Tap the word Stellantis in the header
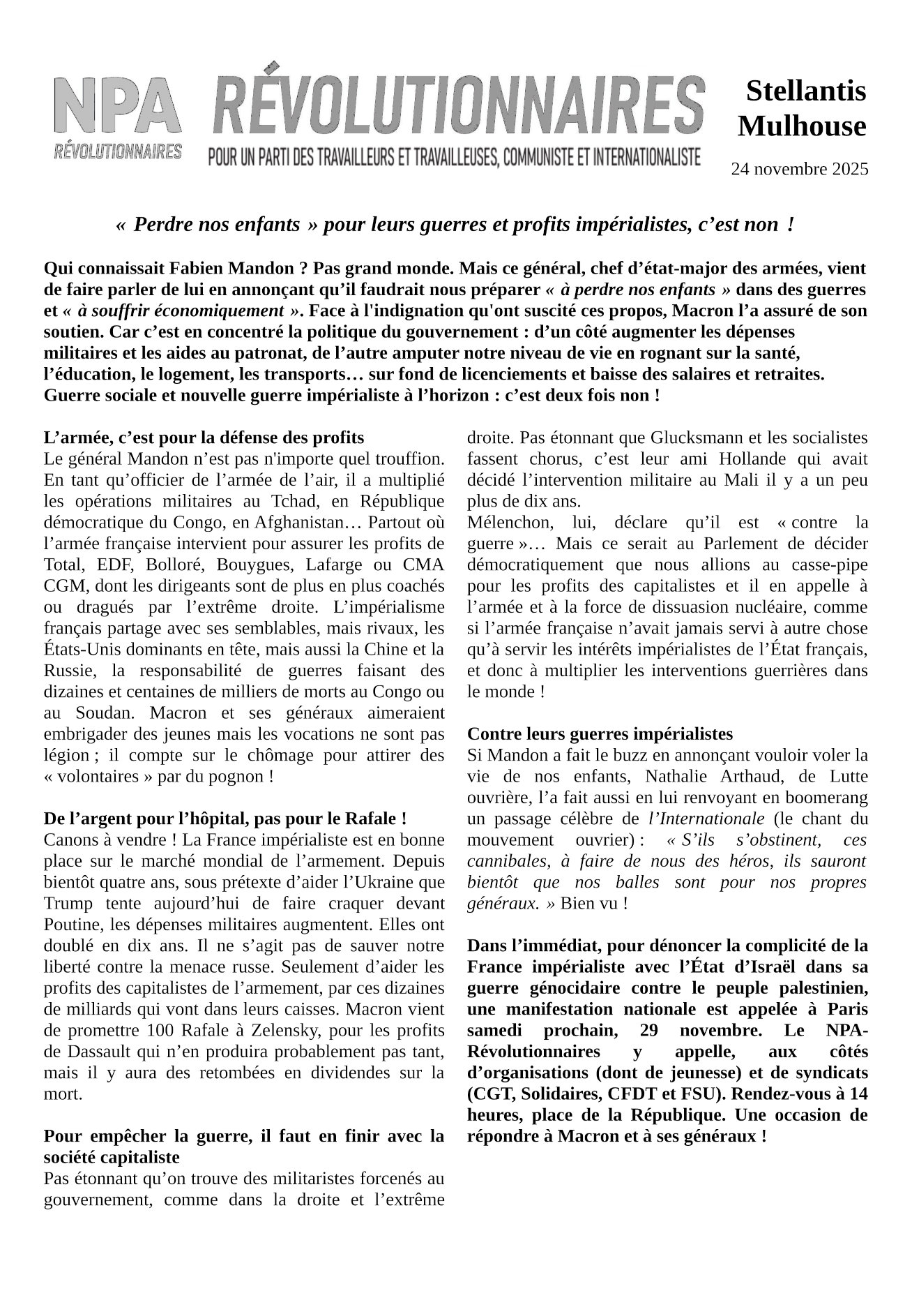tap(805, 91)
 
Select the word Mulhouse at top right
tap(802, 126)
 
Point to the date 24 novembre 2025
tap(799, 169)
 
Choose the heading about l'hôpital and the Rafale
tap(225, 818)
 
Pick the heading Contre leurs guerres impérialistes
tap(600, 733)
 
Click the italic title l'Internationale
tap(706, 818)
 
